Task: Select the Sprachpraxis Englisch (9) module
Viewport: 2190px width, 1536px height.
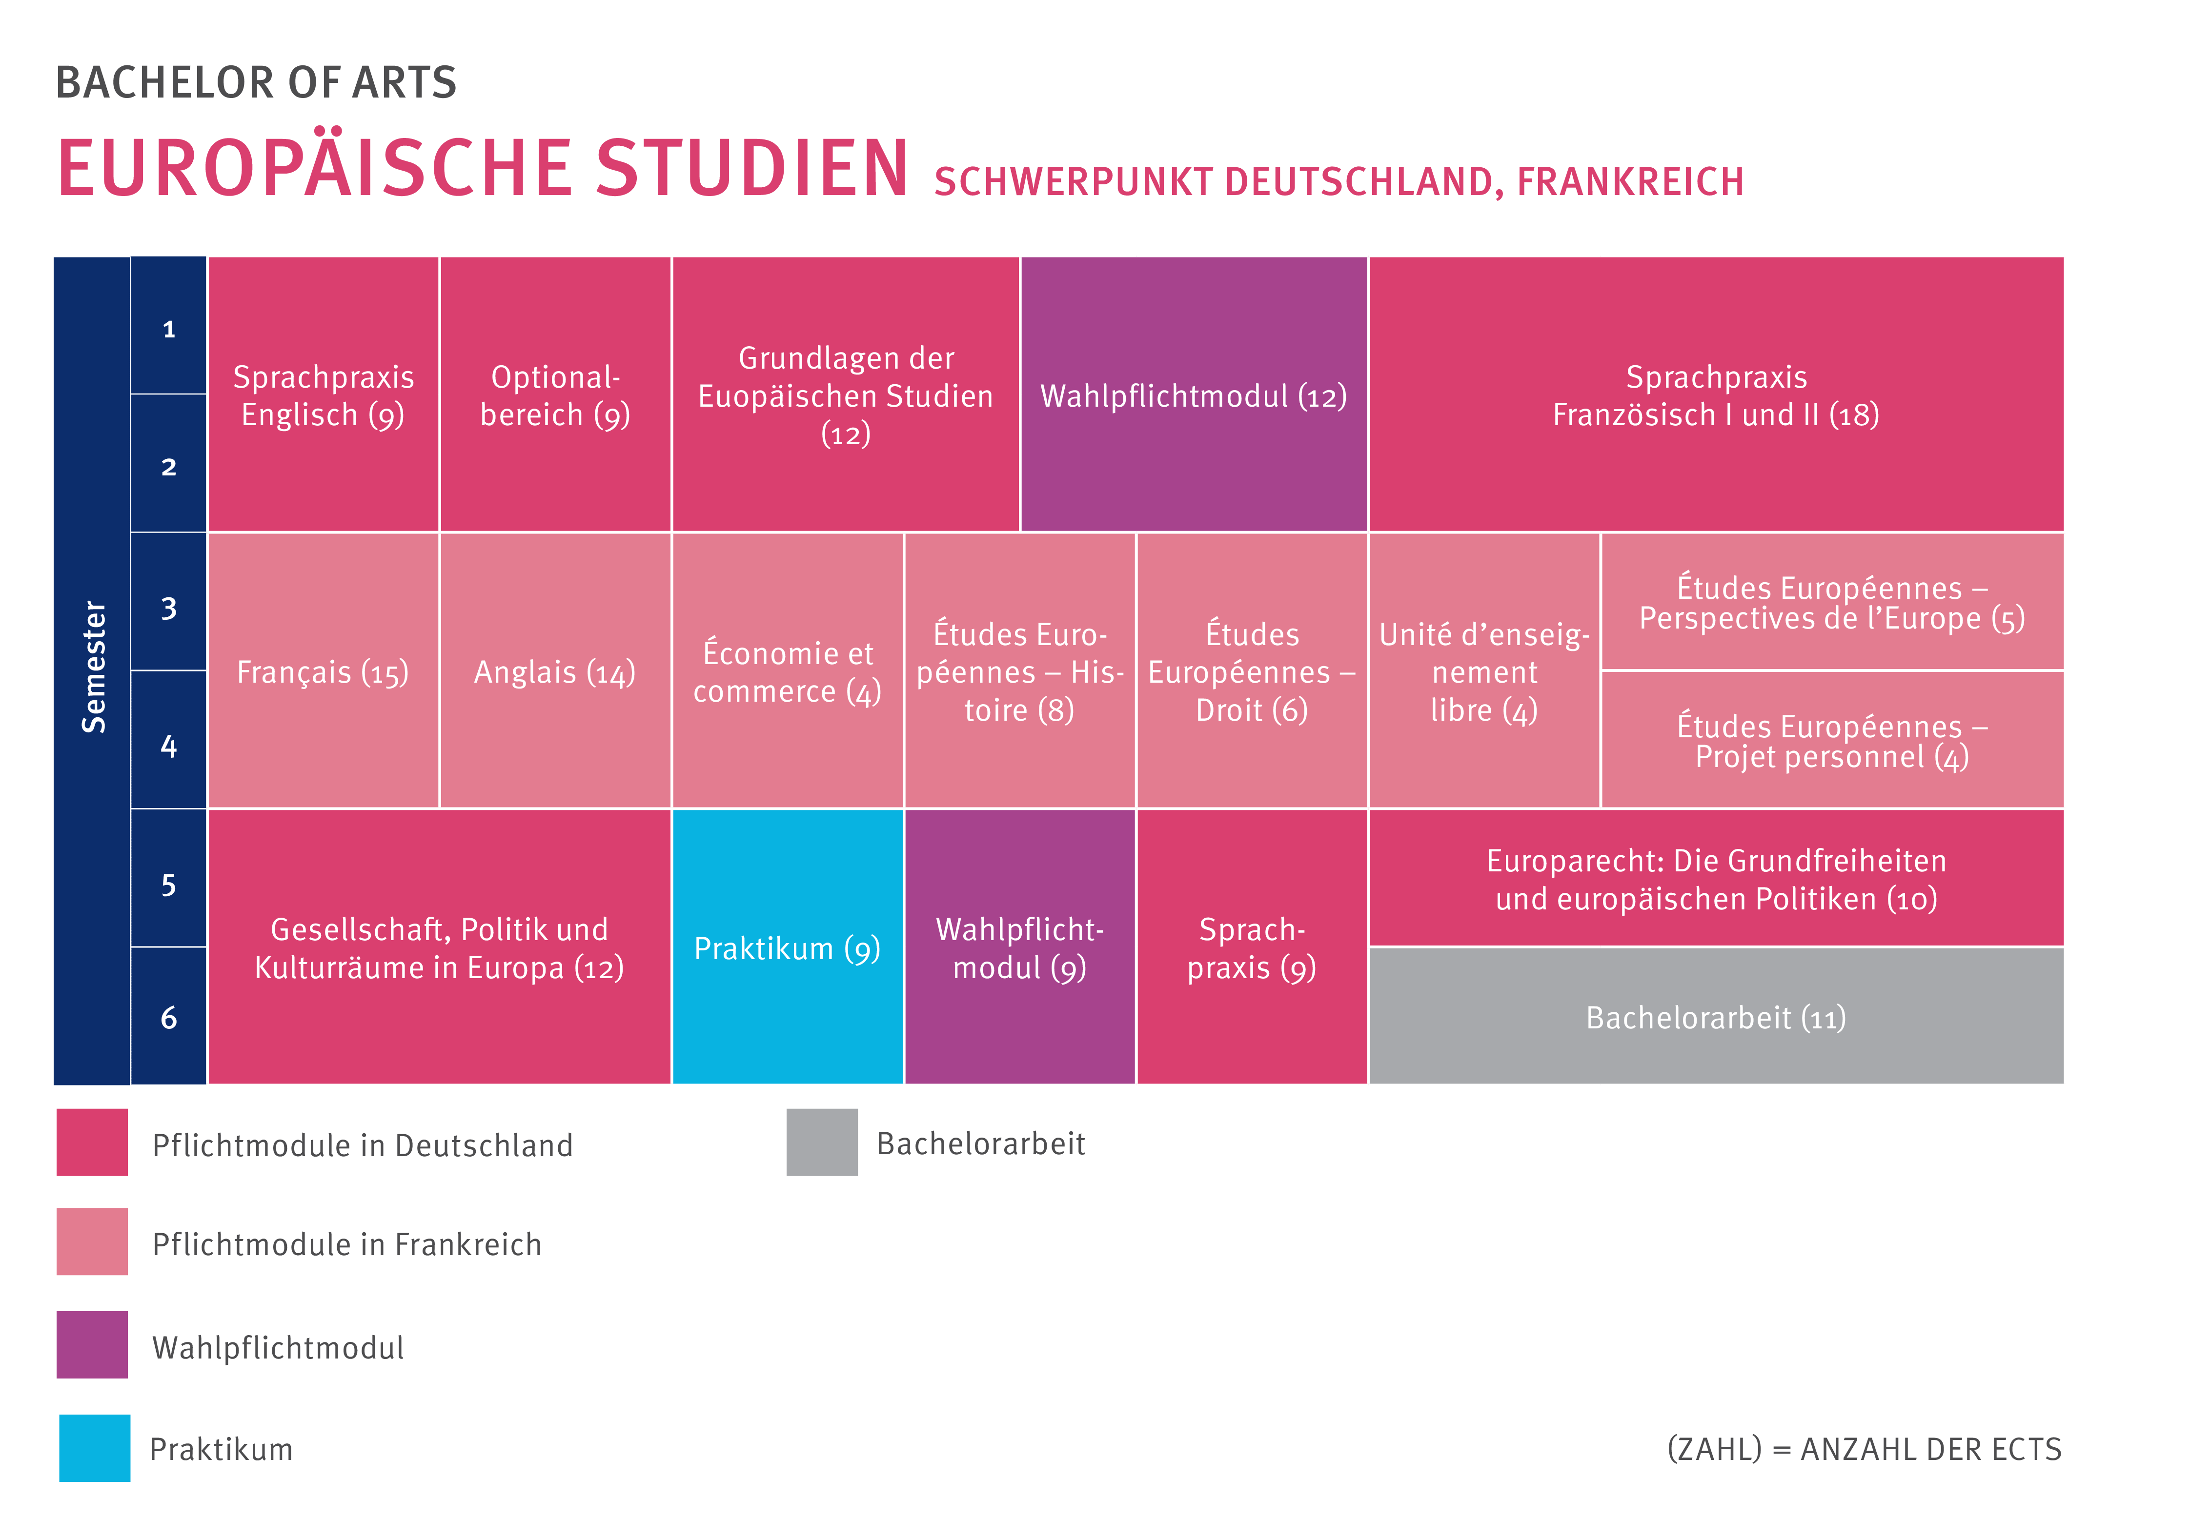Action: point(324,394)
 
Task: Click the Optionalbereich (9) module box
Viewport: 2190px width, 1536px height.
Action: point(555,394)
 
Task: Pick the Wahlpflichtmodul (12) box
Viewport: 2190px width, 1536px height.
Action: point(1193,394)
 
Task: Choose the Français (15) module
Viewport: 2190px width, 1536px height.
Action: point(324,671)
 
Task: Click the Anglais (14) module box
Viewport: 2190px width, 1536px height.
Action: point(555,671)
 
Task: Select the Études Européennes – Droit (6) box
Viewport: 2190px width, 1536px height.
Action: point(1252,671)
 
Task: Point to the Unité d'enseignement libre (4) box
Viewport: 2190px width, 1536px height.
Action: point(1484,671)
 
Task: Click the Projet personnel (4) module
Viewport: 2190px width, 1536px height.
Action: point(1831,741)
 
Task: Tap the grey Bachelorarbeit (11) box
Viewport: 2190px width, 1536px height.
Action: point(1716,1016)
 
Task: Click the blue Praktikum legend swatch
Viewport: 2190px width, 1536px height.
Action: point(95,1447)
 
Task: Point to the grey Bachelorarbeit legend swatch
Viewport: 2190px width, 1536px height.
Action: point(821,1142)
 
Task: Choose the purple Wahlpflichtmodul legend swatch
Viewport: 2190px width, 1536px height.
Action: point(92,1344)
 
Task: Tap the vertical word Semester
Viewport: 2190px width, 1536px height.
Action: point(93,668)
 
